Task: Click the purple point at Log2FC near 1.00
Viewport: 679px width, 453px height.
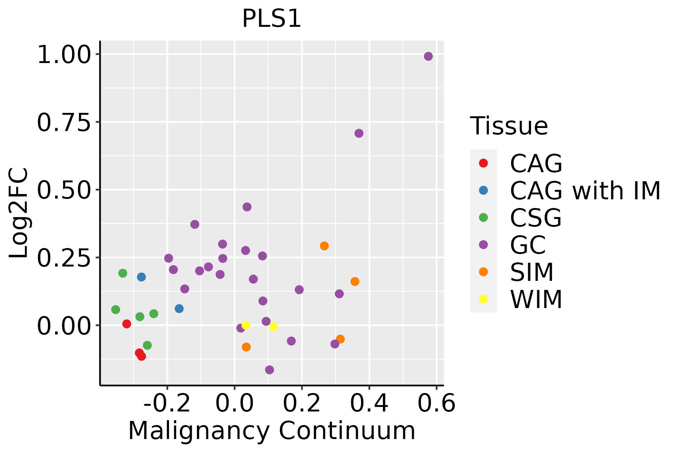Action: pyautogui.click(x=428, y=56)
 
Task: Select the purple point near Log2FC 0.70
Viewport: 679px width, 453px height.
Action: pyautogui.click(x=359, y=133)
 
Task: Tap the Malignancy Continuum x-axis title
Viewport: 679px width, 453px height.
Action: pyautogui.click(x=272, y=431)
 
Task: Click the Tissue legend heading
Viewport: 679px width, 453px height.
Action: pyautogui.click(x=509, y=126)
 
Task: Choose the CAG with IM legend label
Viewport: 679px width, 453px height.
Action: pyautogui.click(x=585, y=191)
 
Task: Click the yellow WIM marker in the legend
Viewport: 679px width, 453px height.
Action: pyautogui.click(x=483, y=299)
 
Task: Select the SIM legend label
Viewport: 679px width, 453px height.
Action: pyautogui.click(x=532, y=272)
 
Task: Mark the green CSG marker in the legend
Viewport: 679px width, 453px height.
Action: pyautogui.click(x=483, y=217)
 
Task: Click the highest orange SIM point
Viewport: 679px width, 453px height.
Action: pyautogui.click(x=324, y=246)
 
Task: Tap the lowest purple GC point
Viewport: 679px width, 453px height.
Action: pyautogui.click(x=269, y=370)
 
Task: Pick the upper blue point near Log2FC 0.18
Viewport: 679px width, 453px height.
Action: pyautogui.click(x=141, y=277)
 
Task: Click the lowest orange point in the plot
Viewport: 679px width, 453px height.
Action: pyautogui.click(x=246, y=347)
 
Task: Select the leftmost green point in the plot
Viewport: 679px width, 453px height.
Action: pyautogui.click(x=116, y=310)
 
